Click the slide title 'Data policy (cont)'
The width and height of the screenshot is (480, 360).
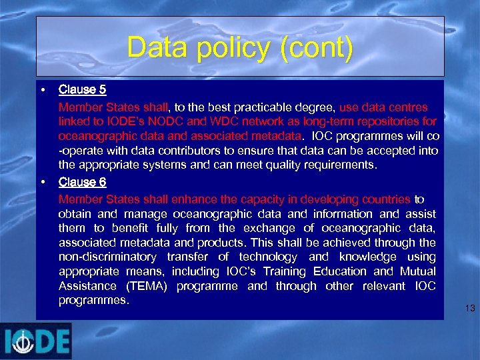239,48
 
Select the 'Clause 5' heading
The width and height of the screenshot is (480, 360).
82,89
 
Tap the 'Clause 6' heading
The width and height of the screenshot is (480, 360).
82,182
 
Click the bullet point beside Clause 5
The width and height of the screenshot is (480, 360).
42,89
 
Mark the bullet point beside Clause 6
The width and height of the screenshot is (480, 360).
42,182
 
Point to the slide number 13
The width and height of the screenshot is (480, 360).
469,308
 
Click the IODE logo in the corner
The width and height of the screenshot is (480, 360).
36,341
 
